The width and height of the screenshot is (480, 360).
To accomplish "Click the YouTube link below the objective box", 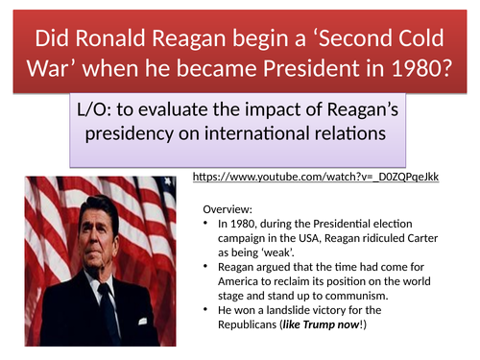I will (x=316, y=179).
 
